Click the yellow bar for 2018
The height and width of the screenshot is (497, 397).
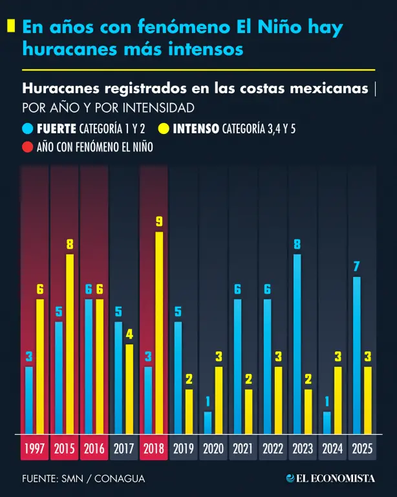pos(159,333)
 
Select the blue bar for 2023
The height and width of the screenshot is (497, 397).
pos(297,344)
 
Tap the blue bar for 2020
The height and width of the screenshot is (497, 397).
pos(208,423)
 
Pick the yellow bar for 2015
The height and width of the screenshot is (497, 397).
pos(70,344)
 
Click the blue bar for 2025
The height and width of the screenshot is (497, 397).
pos(357,355)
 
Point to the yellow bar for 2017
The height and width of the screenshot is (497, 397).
pos(129,389)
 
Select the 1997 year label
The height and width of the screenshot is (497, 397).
pos(34,448)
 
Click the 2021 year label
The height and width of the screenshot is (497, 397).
pos(243,448)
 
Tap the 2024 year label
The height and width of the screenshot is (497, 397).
pos(332,448)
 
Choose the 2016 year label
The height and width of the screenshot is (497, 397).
pos(94,448)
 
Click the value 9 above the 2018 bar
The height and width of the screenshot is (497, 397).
pos(159,221)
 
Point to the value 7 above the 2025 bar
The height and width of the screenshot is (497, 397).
pos(357,267)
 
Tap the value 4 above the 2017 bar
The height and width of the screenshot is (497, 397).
pos(129,334)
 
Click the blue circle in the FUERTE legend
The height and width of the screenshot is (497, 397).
pos(28,129)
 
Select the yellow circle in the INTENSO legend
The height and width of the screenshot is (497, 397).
pos(164,129)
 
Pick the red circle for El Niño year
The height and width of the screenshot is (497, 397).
pos(28,147)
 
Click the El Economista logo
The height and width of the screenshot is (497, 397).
pos(330,478)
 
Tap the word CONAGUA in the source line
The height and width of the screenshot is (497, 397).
pos(120,479)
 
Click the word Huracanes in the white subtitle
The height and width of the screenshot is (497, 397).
pos(61,89)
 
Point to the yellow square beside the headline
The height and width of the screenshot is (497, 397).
pos(11,26)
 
